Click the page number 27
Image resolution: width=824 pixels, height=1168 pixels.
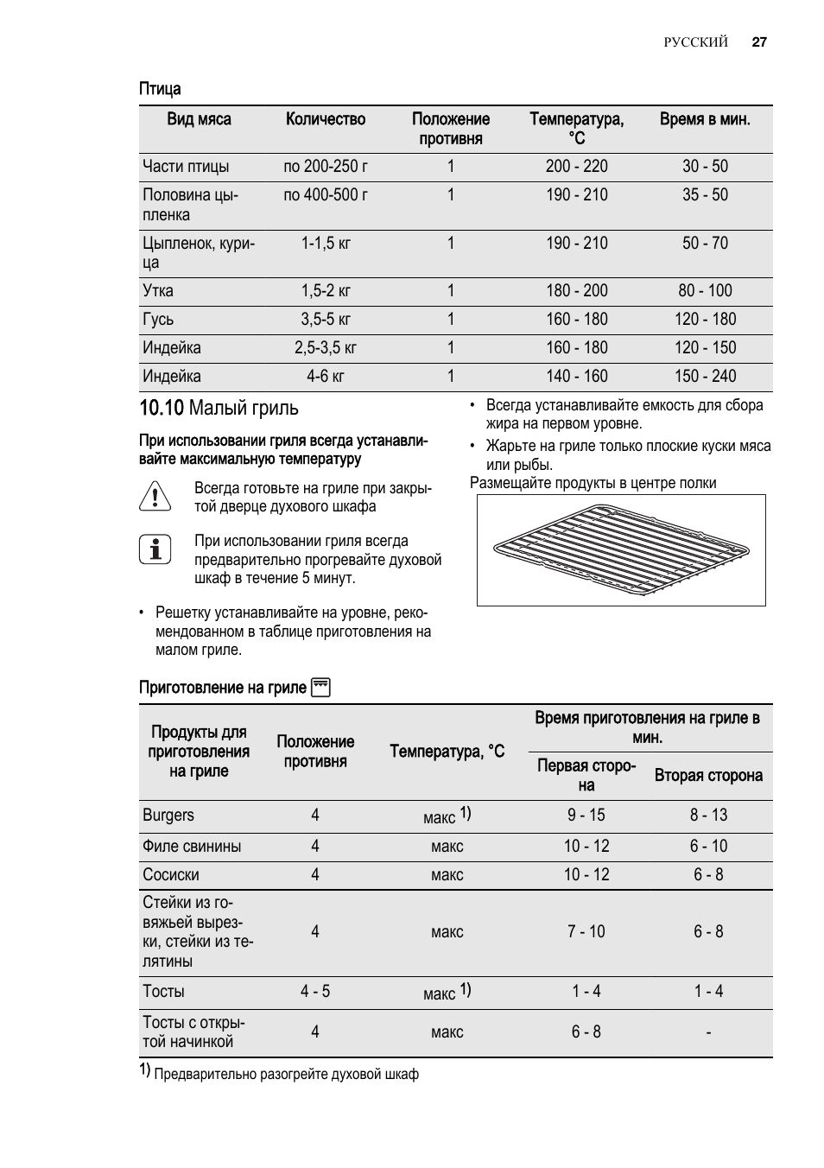[x=759, y=41]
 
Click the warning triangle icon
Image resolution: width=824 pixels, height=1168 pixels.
[x=155, y=497]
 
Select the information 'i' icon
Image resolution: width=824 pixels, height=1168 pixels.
[x=155, y=549]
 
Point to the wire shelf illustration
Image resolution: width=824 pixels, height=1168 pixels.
[x=621, y=549]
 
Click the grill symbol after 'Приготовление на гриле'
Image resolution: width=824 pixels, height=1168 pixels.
[x=320, y=688]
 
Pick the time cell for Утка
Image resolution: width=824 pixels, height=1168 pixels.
[x=705, y=291]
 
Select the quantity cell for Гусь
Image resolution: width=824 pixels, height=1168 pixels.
[x=326, y=320]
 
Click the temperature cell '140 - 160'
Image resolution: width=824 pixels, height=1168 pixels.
[x=576, y=377]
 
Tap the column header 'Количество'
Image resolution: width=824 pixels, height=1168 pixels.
[x=326, y=119]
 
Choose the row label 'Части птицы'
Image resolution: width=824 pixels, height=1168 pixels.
[x=186, y=167]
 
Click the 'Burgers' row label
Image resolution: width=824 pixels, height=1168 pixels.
[x=168, y=816]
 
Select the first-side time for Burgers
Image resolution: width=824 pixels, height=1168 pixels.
[x=586, y=816]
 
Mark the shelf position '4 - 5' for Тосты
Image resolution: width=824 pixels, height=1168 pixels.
[x=315, y=992]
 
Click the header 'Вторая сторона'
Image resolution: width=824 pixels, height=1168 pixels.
[x=708, y=776]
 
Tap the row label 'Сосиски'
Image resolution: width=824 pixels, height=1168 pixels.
[x=170, y=875]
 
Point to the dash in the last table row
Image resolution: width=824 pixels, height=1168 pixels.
[x=708, y=1032]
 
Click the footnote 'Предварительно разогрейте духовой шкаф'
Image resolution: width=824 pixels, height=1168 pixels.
[x=286, y=1075]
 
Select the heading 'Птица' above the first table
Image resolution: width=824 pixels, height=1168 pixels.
[x=160, y=89]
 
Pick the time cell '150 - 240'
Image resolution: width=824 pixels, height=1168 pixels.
[x=705, y=377]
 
